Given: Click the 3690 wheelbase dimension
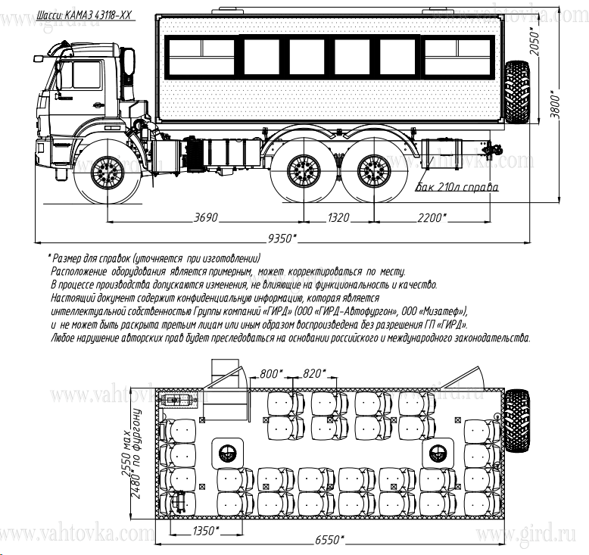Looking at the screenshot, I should [x=205, y=218].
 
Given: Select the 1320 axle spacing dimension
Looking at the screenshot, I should [x=338, y=218].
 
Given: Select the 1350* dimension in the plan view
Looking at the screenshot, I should [x=205, y=529].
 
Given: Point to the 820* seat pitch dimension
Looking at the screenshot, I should [x=313, y=373].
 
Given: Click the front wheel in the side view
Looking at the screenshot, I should [x=108, y=174].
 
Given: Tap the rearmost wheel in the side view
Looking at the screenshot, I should [x=371, y=173].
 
